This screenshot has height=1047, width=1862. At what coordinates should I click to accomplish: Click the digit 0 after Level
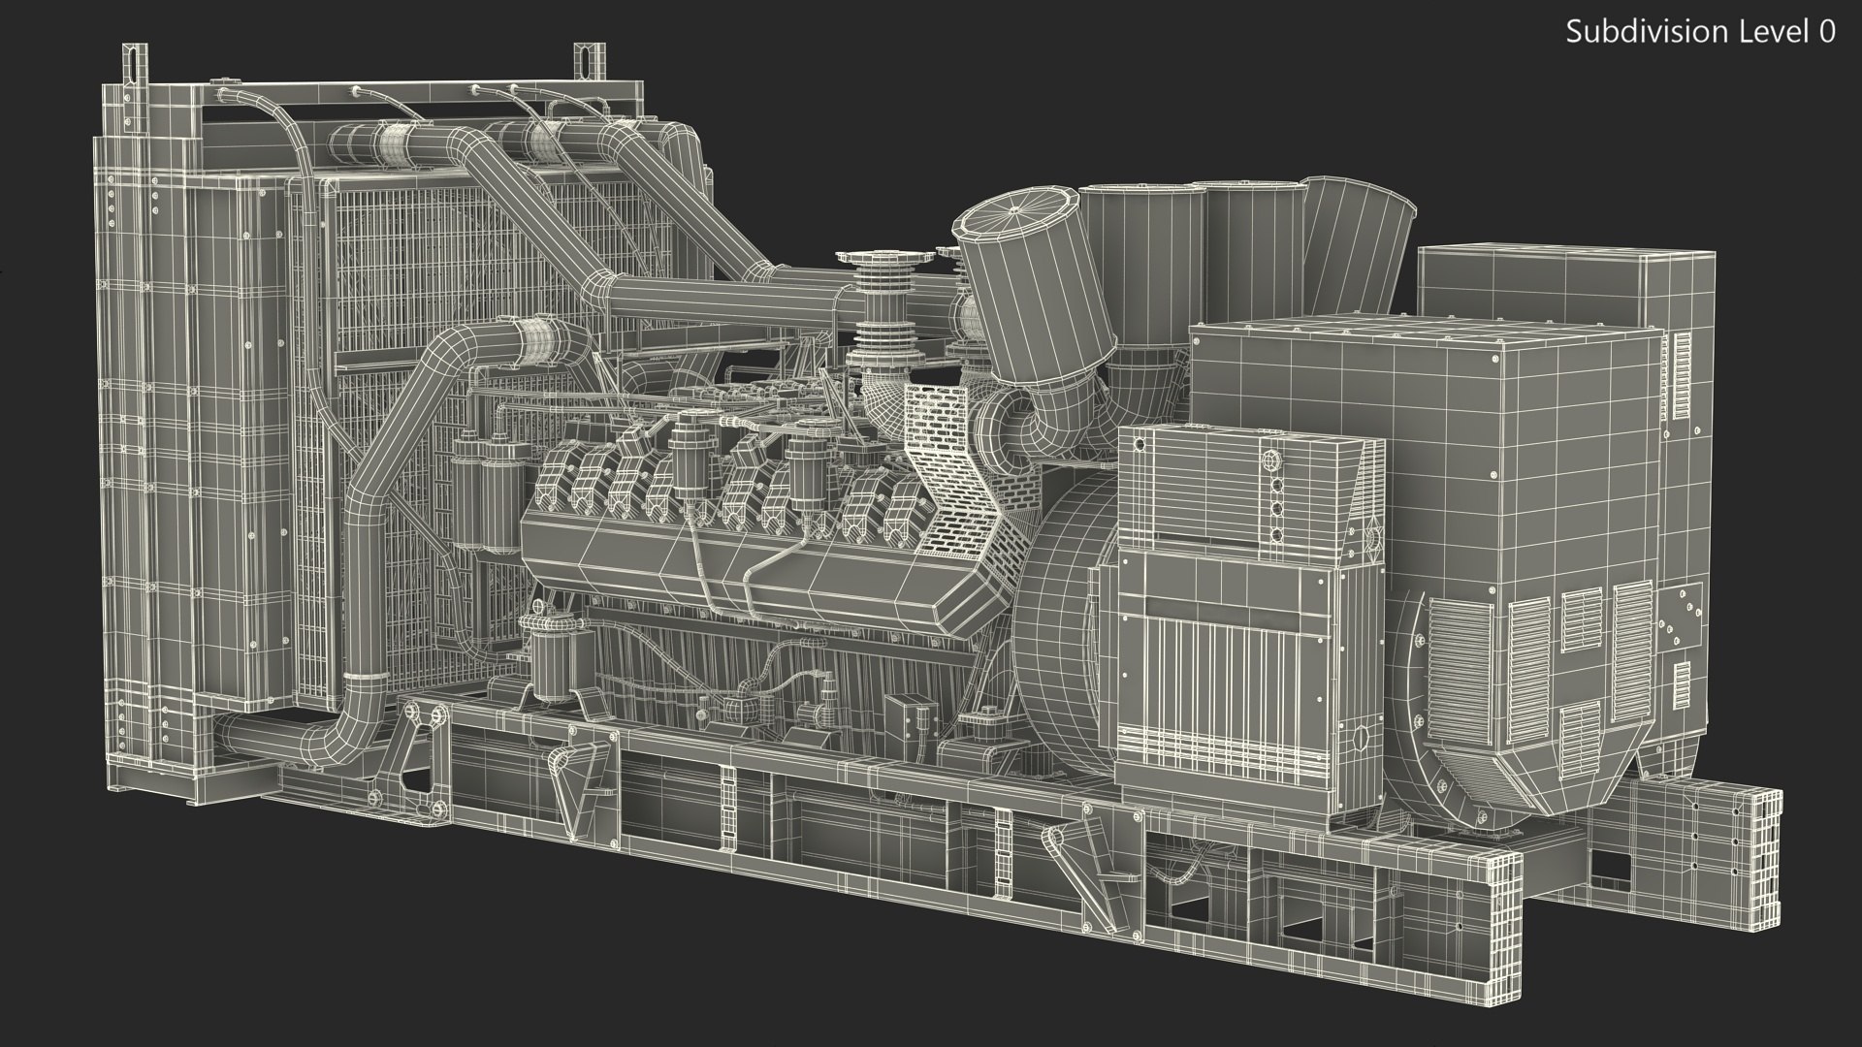(1827, 32)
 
